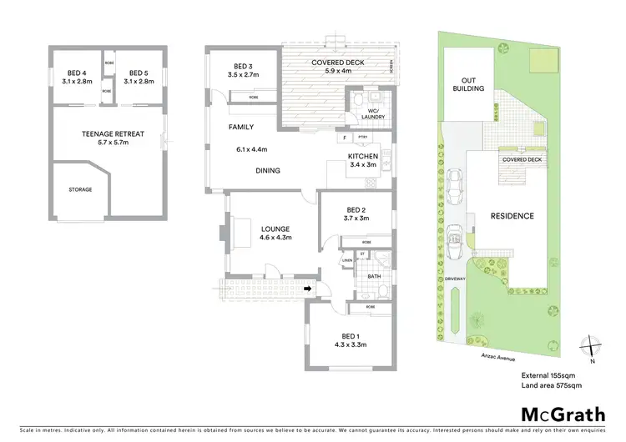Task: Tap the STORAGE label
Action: (80, 189)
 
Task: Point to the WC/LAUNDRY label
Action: (373, 114)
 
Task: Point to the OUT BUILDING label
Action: (468, 83)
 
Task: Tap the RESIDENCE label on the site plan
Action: (511, 216)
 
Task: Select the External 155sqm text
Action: (550, 374)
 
